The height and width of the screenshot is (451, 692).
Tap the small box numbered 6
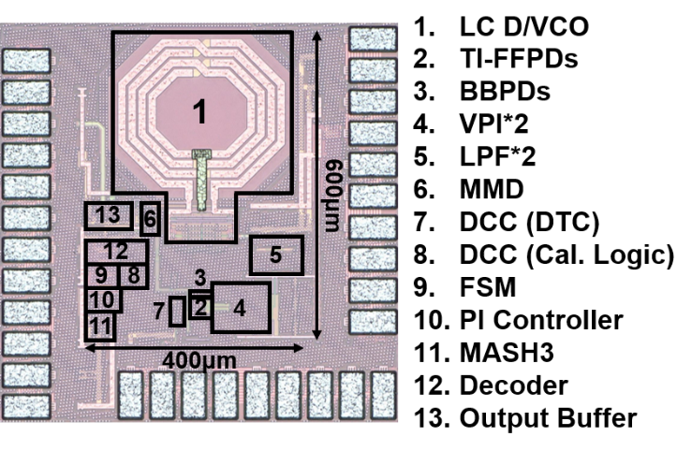[x=148, y=221]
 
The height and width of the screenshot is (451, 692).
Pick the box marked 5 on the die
[x=276, y=254]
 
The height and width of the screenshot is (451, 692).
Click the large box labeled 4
[x=241, y=306]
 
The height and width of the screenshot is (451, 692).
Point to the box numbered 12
[x=116, y=252]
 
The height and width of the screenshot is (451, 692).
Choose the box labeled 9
[x=100, y=275]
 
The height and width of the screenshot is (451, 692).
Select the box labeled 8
[x=133, y=275]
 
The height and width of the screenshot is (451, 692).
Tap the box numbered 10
[x=102, y=300]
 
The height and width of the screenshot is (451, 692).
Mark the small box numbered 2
[x=199, y=305]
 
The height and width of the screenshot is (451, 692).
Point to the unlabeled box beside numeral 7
[x=177, y=313]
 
